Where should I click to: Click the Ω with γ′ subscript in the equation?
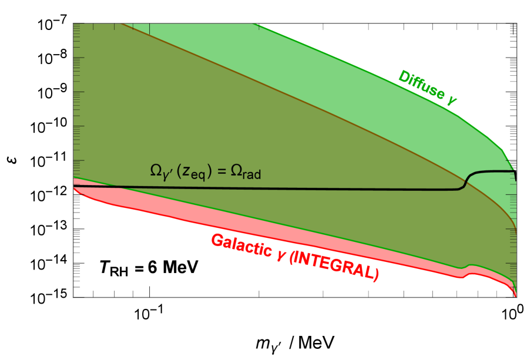pyautogui.click(x=159, y=171)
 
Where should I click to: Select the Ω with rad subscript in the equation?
pyautogui.click(x=247, y=171)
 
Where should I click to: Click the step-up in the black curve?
pyautogui.click(x=466, y=180)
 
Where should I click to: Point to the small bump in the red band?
pyautogui.click(x=469, y=270)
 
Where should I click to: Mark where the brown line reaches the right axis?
pyautogui.click(x=516, y=228)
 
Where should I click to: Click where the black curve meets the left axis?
pyautogui.click(x=73, y=186)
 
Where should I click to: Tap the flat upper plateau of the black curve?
pyautogui.click(x=494, y=171)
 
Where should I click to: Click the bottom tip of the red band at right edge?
pyautogui.click(x=515, y=295)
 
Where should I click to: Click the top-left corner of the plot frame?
pyautogui.click(x=73, y=23)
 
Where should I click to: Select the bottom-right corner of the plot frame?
pyautogui.click(x=516, y=297)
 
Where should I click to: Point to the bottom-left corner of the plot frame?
pyautogui.click(x=73, y=297)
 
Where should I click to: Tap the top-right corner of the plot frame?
pyautogui.click(x=516, y=23)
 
